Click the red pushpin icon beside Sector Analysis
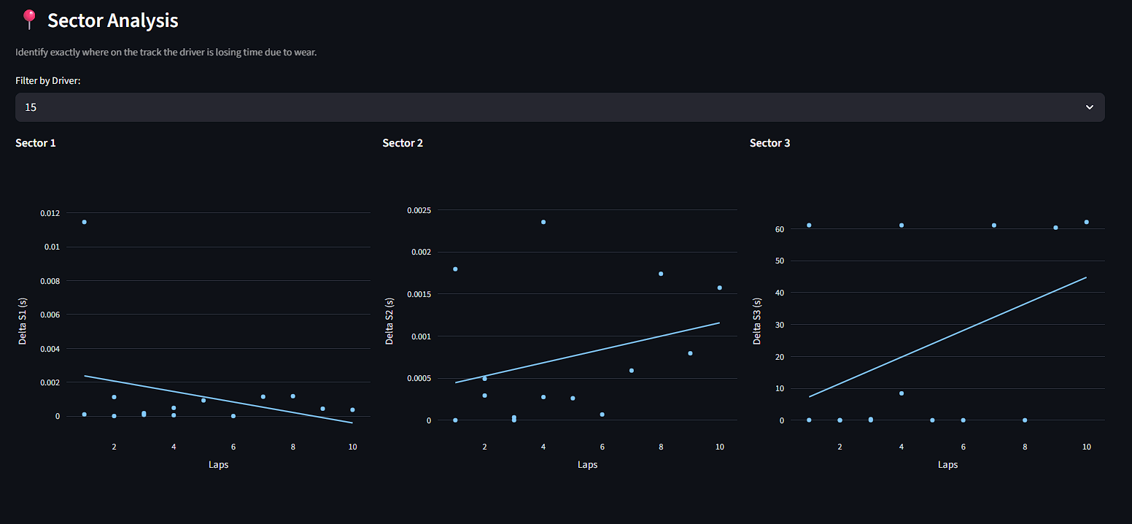click(x=29, y=20)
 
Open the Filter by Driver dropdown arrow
click(x=1089, y=107)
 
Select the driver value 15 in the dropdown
click(x=31, y=107)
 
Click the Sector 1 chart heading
click(x=36, y=143)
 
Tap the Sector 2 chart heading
click(x=403, y=143)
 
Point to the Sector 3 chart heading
click(x=769, y=143)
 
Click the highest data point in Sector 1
click(x=85, y=222)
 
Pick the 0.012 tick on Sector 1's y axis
click(x=50, y=213)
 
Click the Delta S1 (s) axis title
click(x=23, y=320)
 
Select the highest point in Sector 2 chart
click(x=543, y=222)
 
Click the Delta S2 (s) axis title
click(x=389, y=320)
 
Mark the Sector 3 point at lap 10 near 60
click(x=1086, y=222)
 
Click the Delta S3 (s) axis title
click(x=757, y=320)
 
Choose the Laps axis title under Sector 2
click(x=587, y=465)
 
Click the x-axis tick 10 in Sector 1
click(x=352, y=447)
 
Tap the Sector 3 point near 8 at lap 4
click(x=902, y=393)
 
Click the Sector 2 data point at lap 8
click(x=661, y=274)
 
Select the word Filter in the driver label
click(x=26, y=80)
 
